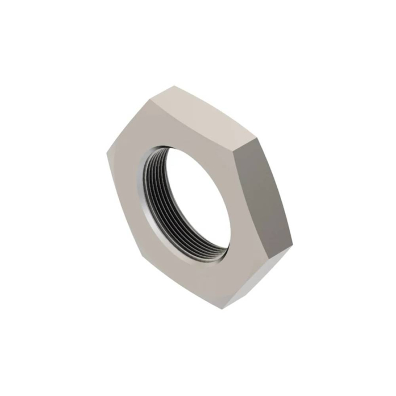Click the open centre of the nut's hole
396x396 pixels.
(193, 201)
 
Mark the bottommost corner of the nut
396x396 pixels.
(222, 309)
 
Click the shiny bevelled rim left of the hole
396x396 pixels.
(141, 187)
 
